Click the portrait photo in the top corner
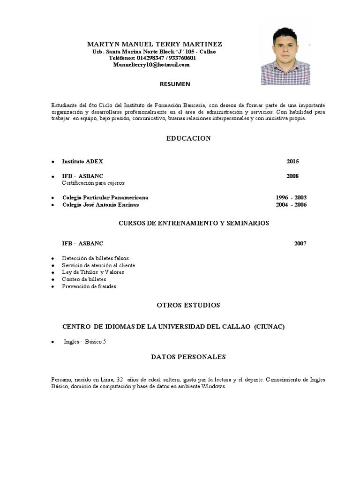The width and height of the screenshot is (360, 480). click(x=285, y=55)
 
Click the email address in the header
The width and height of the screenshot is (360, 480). click(x=151, y=65)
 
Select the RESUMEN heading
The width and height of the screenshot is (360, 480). click(x=175, y=84)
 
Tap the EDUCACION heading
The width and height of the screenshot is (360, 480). click(x=188, y=138)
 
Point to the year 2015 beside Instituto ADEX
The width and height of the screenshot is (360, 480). click(x=292, y=161)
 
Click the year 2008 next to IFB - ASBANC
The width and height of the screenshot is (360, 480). click(x=292, y=176)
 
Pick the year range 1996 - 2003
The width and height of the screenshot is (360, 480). click(x=291, y=197)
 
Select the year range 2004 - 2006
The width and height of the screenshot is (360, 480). click(x=291, y=204)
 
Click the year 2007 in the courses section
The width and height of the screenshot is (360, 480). click(x=300, y=244)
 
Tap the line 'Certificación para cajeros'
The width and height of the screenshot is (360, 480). click(x=93, y=183)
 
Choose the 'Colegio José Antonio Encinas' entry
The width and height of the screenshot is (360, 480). click(x=100, y=204)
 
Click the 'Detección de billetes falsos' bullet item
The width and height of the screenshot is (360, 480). click(x=95, y=258)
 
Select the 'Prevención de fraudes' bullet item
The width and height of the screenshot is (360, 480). click(x=89, y=286)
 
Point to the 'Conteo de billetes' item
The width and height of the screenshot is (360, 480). click(x=84, y=279)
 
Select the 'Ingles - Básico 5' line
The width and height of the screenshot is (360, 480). click(x=85, y=342)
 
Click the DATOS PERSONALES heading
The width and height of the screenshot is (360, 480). click(x=188, y=357)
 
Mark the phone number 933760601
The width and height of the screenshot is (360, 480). click(x=180, y=58)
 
